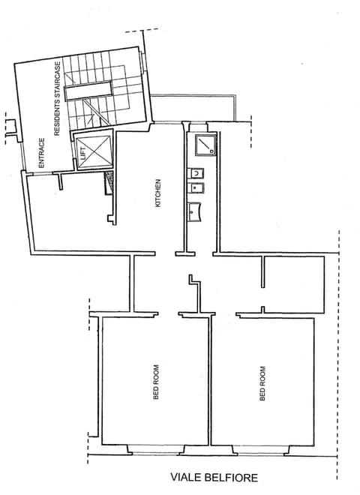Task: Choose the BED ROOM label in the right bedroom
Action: click(262, 383)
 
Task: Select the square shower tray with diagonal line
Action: click(203, 145)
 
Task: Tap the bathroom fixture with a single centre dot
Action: click(197, 187)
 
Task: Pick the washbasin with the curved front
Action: click(197, 211)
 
